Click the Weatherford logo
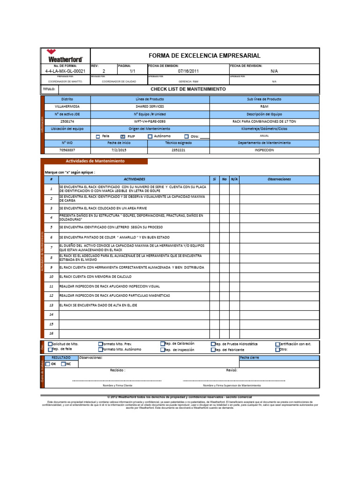(65, 56)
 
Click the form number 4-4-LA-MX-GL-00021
(65, 71)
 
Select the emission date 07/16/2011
(187, 71)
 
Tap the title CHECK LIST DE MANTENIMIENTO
(187, 89)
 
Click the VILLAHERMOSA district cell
(67, 107)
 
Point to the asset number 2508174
(67, 121)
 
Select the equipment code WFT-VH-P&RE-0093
(150, 121)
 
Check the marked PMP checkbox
(117, 137)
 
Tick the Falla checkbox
(98, 137)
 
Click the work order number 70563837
(67, 150)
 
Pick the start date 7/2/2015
(119, 150)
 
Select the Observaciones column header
(279, 179)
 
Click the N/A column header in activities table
(234, 179)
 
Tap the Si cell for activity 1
(214, 189)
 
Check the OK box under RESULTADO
(47, 364)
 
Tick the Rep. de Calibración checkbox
(163, 344)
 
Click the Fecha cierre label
(249, 358)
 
